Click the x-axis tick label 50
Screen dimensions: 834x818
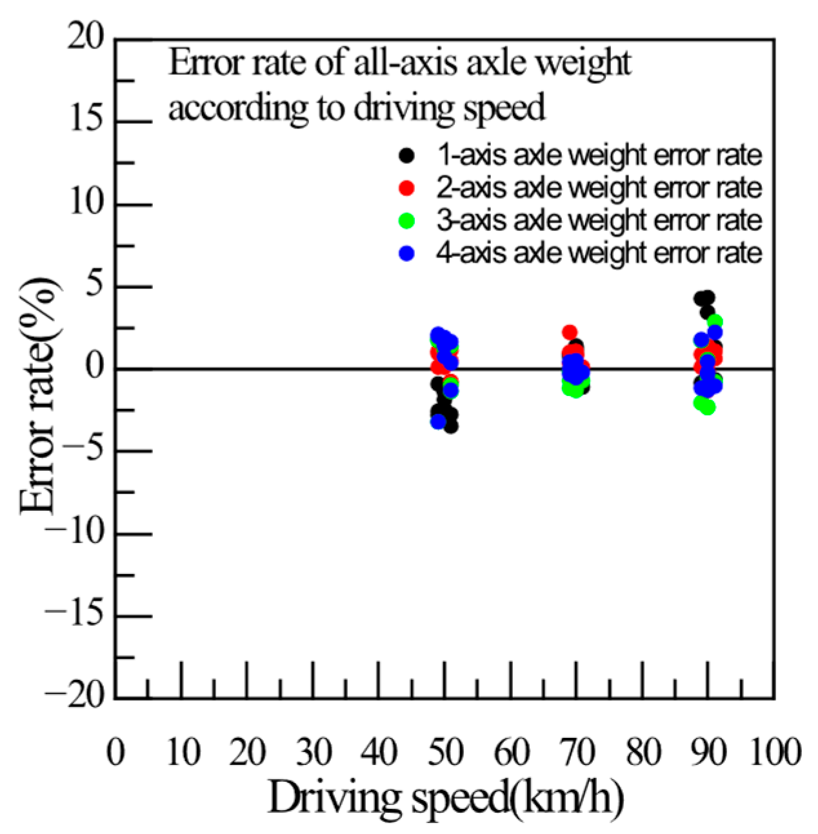pos(446,751)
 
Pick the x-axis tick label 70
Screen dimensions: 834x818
pos(577,751)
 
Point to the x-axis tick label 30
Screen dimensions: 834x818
pos(314,751)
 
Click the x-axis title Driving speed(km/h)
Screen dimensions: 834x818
pos(446,799)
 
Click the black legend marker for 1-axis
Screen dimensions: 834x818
pos(407,155)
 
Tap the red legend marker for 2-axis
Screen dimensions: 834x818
pos(407,188)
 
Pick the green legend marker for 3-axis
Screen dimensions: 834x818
pos(407,221)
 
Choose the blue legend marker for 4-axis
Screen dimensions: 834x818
pos(407,253)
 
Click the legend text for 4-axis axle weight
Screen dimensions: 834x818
pos(599,253)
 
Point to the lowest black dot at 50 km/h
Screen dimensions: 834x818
pos(451,426)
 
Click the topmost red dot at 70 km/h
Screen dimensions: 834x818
pos(570,332)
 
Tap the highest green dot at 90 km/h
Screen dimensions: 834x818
pos(715,321)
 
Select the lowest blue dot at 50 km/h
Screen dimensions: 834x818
pos(439,422)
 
